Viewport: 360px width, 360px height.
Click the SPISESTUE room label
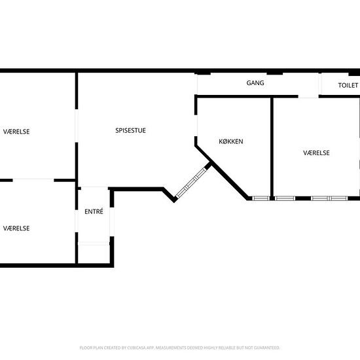coord(130,130)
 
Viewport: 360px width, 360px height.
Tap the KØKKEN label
coord(231,141)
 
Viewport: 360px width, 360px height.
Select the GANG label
coord(255,83)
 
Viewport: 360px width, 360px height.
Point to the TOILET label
coord(348,85)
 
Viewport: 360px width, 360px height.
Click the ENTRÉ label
coord(94,211)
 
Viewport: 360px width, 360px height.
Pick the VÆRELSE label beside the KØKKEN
coord(316,153)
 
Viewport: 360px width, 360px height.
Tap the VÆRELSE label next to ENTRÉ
coord(16,228)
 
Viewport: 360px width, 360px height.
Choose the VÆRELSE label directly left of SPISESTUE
coord(16,132)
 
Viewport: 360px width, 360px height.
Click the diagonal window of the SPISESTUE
coord(191,183)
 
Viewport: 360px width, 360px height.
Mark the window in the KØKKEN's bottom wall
coord(261,198)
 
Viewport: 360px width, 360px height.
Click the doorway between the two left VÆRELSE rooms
coord(33,180)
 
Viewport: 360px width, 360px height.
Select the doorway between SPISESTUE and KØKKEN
coord(196,126)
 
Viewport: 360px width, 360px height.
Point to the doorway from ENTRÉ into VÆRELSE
coord(77,221)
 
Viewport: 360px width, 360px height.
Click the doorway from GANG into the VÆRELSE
coord(308,96)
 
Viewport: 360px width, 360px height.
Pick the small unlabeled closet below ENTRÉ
coord(94,254)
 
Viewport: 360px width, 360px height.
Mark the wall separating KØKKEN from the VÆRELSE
coord(272,148)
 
